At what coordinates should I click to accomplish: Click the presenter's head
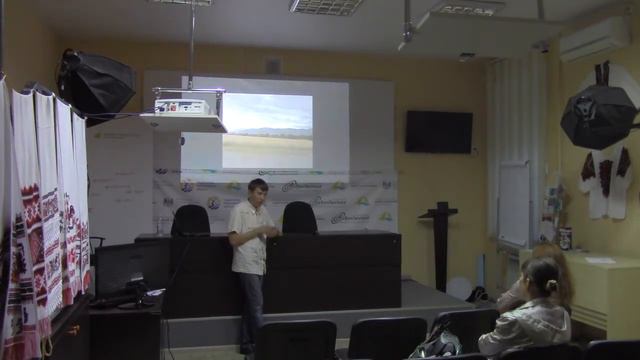[x=257, y=189]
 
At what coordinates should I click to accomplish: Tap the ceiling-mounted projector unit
[x=182, y=105]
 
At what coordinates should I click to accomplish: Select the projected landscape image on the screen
[x=266, y=130]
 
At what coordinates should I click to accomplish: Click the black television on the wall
[x=438, y=132]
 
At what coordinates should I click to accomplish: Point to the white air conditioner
[x=594, y=41]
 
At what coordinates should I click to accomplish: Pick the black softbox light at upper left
[x=94, y=83]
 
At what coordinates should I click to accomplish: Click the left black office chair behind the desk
[x=190, y=220]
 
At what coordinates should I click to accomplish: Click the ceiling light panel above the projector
[x=325, y=7]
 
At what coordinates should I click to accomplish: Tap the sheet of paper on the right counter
[x=599, y=260]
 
